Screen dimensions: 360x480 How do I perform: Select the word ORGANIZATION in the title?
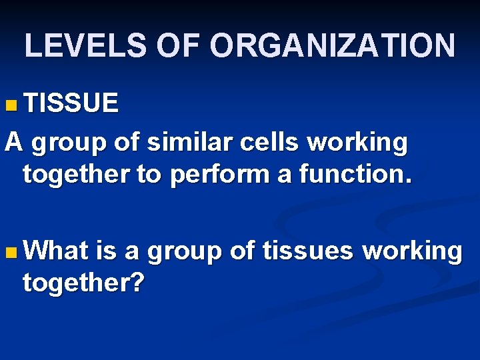coord(333,45)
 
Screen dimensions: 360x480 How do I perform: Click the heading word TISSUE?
coord(71,103)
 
